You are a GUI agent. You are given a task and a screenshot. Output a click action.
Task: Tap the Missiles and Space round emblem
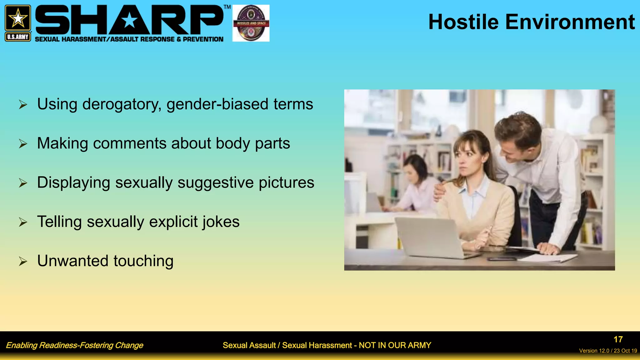tap(251, 23)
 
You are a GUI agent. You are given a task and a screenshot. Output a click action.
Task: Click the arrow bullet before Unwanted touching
tap(23, 261)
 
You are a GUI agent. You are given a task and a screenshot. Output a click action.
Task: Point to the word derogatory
tap(122, 104)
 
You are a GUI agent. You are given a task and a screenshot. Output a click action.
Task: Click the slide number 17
tap(618, 339)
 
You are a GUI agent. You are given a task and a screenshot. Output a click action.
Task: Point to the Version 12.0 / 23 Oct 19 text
tap(608, 351)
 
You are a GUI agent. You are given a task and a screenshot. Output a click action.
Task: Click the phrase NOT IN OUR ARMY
tap(395, 345)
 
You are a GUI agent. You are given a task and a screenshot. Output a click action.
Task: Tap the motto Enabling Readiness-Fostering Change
tap(74, 345)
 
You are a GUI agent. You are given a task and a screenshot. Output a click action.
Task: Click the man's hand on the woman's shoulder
tap(439, 191)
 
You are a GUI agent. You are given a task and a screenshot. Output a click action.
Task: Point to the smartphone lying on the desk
tap(502, 259)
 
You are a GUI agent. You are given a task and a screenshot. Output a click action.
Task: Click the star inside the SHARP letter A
tap(129, 21)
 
